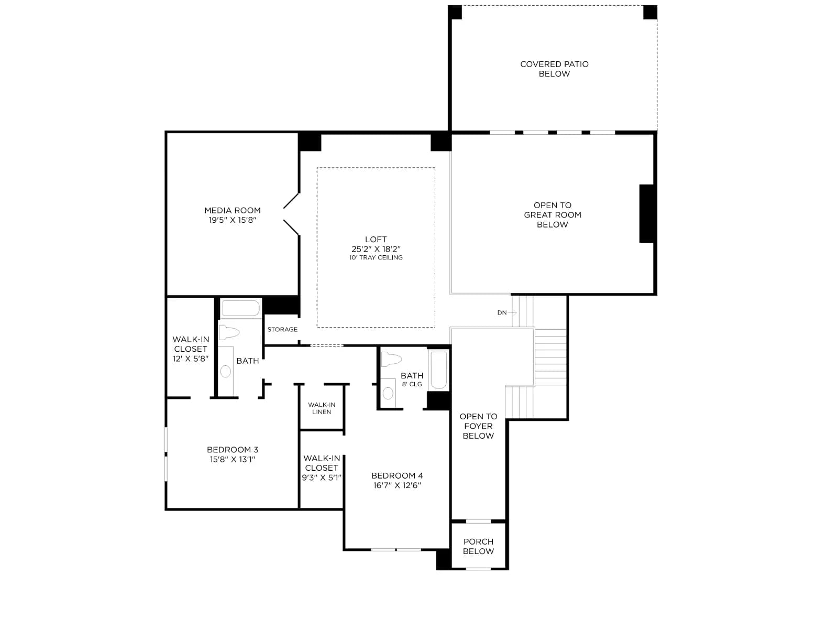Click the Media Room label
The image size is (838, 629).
232,210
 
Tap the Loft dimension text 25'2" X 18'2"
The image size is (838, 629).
376,249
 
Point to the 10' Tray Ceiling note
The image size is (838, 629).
376,258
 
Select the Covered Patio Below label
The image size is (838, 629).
554,69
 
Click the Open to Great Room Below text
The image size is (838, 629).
553,214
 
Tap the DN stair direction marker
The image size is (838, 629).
502,313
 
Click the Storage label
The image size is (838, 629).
282,329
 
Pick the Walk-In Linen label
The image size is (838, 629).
322,408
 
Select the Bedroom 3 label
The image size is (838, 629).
232,450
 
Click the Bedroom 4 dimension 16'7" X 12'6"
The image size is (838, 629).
397,485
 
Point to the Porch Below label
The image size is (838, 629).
478,546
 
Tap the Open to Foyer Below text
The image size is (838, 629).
478,426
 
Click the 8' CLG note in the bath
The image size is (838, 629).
412,384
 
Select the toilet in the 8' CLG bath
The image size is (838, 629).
391,360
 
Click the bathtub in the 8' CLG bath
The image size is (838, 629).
438,370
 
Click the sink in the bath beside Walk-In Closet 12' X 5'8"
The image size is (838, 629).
226,371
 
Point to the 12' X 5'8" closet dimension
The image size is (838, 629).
190,359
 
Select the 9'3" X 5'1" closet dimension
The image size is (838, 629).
322,478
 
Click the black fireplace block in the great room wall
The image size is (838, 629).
647,213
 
